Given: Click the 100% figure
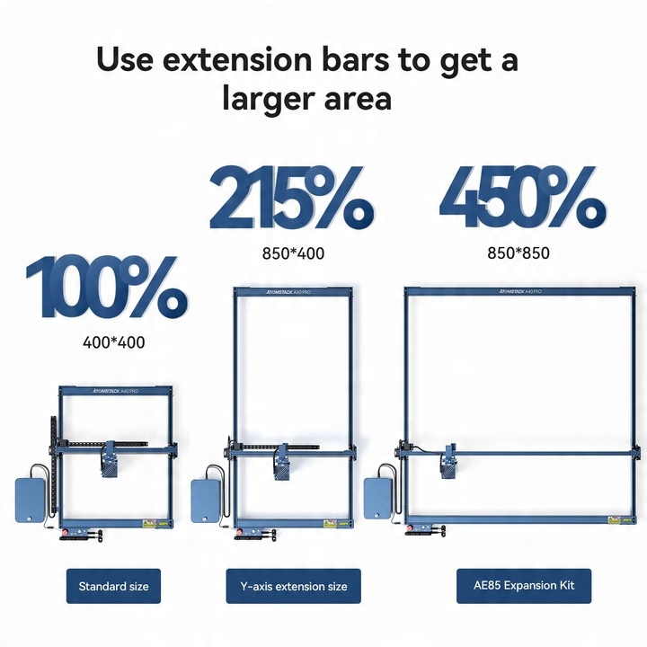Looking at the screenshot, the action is click(x=107, y=287).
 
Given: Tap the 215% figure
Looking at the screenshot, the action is click(x=292, y=198).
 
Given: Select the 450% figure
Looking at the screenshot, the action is click(x=523, y=197).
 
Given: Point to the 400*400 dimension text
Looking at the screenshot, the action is click(x=114, y=342).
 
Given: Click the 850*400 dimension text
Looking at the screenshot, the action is click(x=293, y=253).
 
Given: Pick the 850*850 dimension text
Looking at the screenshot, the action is click(x=518, y=253).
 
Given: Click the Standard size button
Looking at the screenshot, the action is click(x=113, y=586).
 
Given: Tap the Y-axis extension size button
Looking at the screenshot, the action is click(x=293, y=586).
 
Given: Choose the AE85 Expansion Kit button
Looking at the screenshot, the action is click(x=524, y=586).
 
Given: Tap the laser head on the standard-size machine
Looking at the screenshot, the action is click(x=110, y=459).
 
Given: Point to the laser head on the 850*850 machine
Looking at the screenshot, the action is click(x=449, y=461).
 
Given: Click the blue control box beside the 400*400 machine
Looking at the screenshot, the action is click(x=30, y=500).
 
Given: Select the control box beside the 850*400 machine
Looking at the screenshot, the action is click(x=206, y=501).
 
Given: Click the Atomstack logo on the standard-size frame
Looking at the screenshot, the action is click(x=115, y=390).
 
